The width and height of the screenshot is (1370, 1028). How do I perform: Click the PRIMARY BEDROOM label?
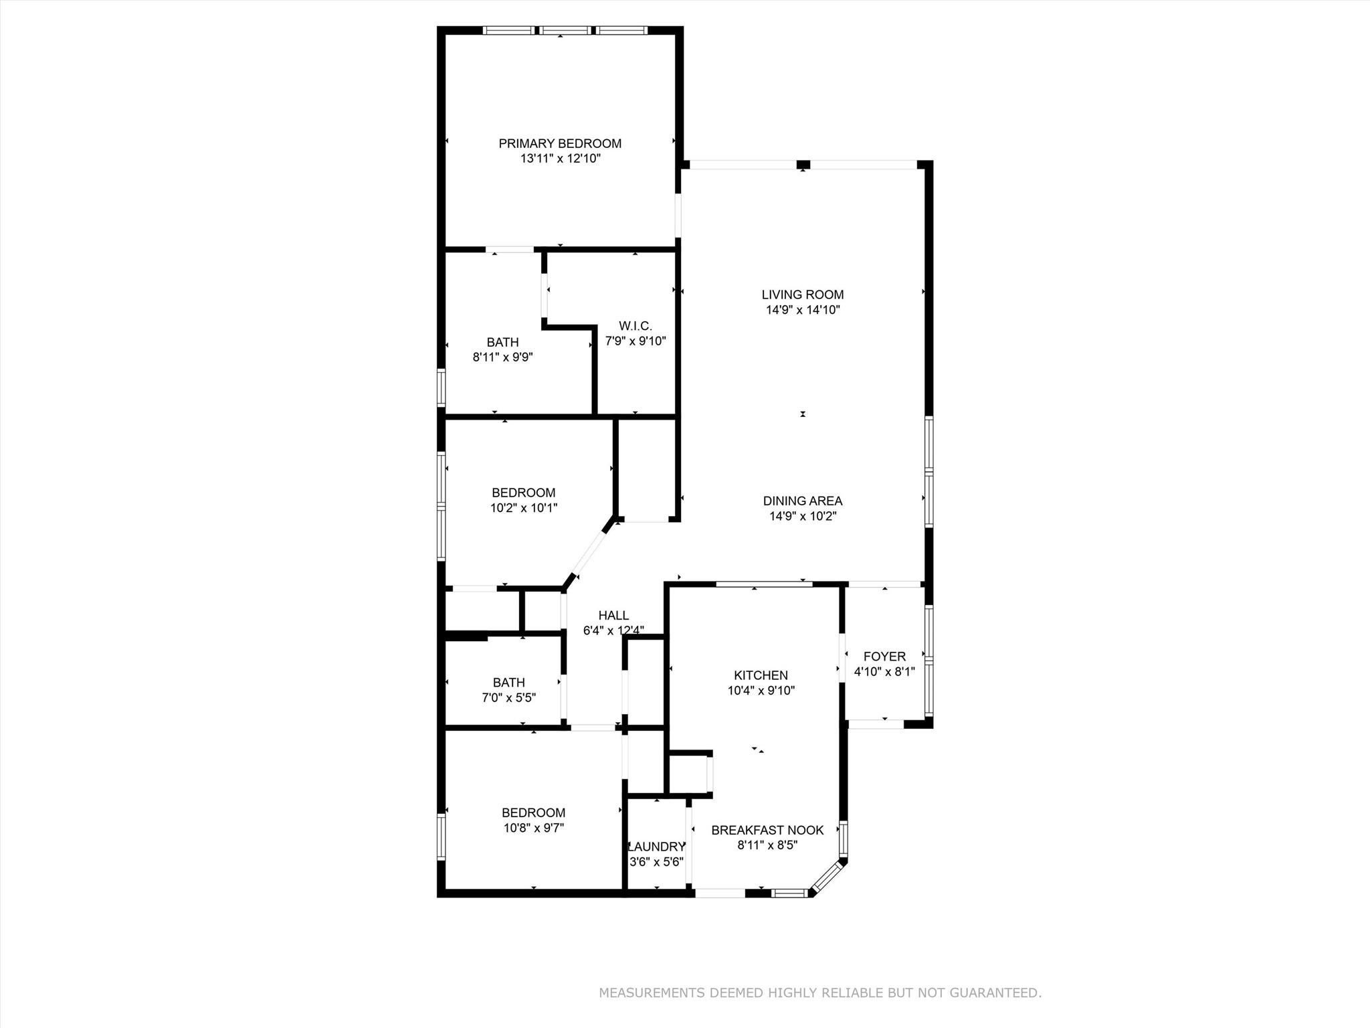(x=560, y=143)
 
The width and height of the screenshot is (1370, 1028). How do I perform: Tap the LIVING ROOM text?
(x=802, y=294)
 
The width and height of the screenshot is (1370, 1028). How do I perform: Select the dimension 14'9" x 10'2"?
(x=802, y=516)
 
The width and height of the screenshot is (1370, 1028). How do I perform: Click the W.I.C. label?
(x=635, y=326)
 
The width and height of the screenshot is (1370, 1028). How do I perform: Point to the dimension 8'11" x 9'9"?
(x=502, y=357)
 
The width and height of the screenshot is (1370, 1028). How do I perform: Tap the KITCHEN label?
(x=761, y=675)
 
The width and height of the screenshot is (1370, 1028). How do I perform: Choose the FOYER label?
(x=884, y=657)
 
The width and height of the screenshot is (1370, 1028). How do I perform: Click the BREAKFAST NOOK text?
(x=767, y=830)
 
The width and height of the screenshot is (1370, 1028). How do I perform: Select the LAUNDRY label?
(x=658, y=847)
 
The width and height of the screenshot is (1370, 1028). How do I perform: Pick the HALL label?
(x=613, y=615)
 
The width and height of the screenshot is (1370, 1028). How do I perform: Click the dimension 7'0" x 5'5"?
(x=508, y=698)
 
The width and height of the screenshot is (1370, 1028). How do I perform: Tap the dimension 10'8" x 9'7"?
(x=533, y=828)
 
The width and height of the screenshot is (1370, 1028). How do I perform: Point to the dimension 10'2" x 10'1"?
(x=523, y=508)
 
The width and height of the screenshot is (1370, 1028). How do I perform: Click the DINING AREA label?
(x=802, y=501)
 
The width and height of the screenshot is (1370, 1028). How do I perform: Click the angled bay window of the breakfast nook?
(x=828, y=877)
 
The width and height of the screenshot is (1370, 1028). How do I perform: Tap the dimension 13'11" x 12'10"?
(x=560, y=159)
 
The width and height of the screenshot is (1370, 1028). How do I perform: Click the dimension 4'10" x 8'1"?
(x=884, y=672)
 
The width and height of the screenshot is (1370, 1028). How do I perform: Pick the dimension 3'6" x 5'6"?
(x=656, y=862)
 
